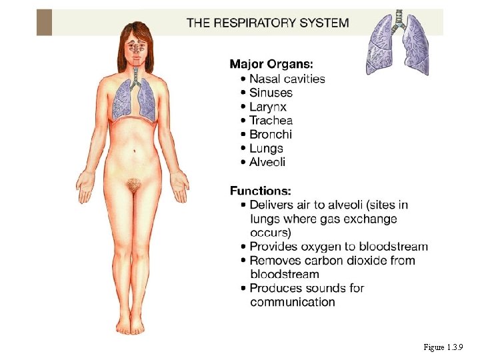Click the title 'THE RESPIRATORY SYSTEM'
(x=267, y=23)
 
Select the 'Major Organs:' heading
(x=271, y=64)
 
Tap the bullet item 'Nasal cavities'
(x=287, y=79)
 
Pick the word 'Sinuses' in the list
(x=271, y=93)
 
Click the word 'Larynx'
(x=268, y=107)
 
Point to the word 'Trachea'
(x=271, y=121)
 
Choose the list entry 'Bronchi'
(x=271, y=135)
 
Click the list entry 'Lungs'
(x=267, y=149)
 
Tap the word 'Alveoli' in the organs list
(x=268, y=163)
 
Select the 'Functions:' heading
(x=261, y=191)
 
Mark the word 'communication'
(x=293, y=303)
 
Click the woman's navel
(x=135, y=149)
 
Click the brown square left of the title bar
(x=44, y=22)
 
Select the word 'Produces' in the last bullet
(x=275, y=289)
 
